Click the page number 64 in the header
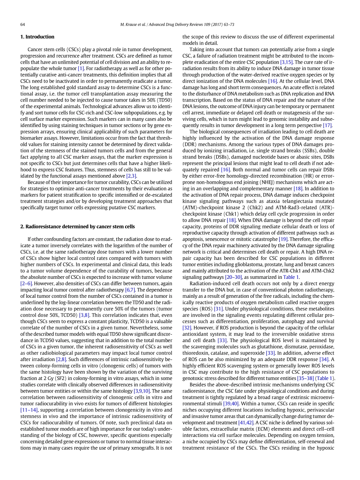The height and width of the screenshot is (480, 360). (23, 25)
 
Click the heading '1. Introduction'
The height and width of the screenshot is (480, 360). (37, 37)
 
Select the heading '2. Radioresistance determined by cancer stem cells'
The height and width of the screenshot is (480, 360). (77, 227)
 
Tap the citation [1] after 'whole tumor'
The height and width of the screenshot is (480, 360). (81, 69)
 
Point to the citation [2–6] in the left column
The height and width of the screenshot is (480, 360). (26, 283)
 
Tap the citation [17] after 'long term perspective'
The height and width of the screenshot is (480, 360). (327, 125)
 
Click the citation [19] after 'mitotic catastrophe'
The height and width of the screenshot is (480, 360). (283, 239)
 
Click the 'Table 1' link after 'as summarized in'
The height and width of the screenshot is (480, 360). (291, 277)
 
